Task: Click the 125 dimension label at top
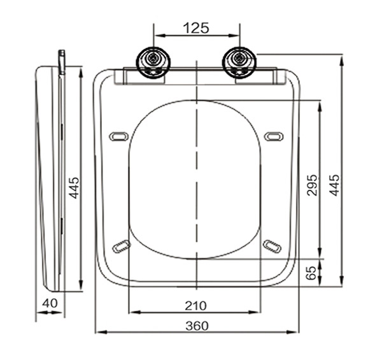point(196,28)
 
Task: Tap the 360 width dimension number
point(197,326)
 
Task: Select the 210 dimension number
point(196,306)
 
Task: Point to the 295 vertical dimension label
point(312,185)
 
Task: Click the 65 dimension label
point(311,273)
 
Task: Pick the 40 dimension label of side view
point(50,303)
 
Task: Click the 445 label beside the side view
point(74,188)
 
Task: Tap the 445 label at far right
point(334,185)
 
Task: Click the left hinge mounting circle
point(153,62)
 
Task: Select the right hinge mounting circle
point(239,62)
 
